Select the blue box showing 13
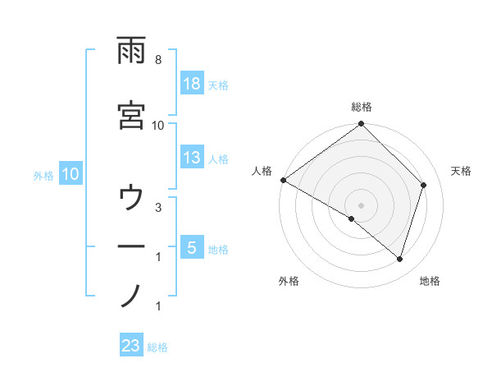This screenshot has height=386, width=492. point(191,159)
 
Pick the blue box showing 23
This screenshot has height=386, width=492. point(131,346)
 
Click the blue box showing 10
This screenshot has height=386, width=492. point(70,174)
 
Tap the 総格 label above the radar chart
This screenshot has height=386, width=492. point(362,107)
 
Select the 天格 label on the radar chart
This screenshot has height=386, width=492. point(462,171)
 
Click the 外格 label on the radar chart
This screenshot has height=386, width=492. point(289,281)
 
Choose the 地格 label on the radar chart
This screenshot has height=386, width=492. point(430,281)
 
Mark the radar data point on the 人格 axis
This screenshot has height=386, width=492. point(283,180)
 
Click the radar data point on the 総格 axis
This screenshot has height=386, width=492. point(362,125)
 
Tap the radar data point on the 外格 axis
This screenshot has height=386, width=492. point(352,218)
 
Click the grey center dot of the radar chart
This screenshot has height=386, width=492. point(362,204)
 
